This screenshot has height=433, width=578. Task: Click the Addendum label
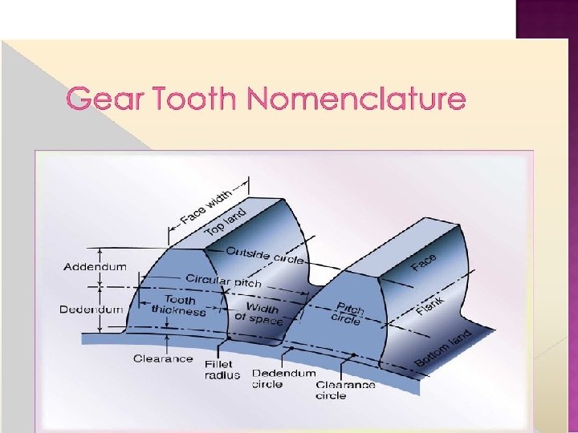click(x=95, y=266)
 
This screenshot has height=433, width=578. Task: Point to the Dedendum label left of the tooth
click(x=91, y=309)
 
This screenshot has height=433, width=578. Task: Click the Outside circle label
click(x=265, y=254)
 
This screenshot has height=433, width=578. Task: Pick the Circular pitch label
click(x=223, y=281)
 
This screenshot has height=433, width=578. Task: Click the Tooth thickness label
click(x=178, y=306)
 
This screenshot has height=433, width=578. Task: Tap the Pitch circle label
click(x=348, y=313)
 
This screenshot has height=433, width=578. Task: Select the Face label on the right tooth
click(x=425, y=262)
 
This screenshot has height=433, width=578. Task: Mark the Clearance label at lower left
click(x=163, y=358)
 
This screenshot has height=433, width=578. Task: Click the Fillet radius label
click(x=222, y=370)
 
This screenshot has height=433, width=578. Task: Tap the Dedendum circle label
click(x=284, y=378)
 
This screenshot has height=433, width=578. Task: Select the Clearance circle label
click(x=345, y=390)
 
